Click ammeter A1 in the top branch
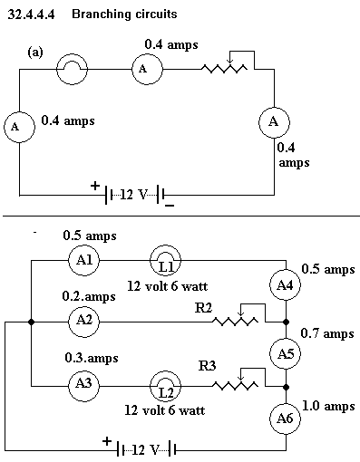click(x=83, y=260)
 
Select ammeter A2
click(x=83, y=321)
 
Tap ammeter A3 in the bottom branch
click(x=83, y=386)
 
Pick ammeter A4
click(x=285, y=285)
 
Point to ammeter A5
click(x=285, y=353)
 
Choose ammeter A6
click(x=285, y=419)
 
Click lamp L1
click(x=166, y=260)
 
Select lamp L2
click(x=166, y=386)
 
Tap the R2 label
click(x=203, y=308)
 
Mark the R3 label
click(x=208, y=366)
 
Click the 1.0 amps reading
click(x=328, y=407)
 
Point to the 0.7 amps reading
click(x=327, y=334)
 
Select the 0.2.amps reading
click(x=89, y=296)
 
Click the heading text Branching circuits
click(x=124, y=14)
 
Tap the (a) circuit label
click(x=35, y=53)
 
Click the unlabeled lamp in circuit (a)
click(x=72, y=69)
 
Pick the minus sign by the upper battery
click(x=170, y=206)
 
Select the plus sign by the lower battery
click(x=107, y=441)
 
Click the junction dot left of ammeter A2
click(x=31, y=322)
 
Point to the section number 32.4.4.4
click(x=32, y=14)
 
